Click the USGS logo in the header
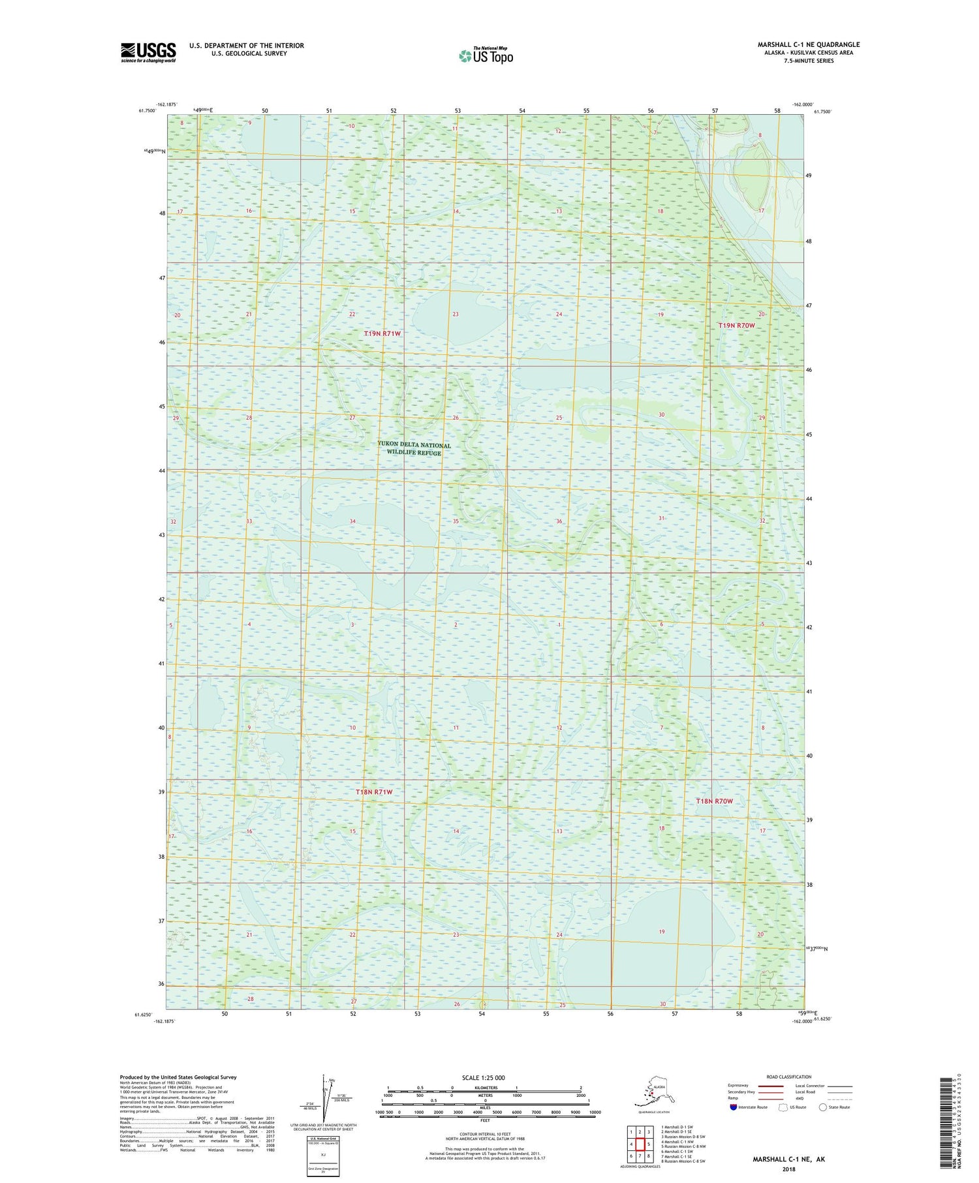[148, 52]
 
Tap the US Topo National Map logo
[486, 55]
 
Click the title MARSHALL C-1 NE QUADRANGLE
[808, 44]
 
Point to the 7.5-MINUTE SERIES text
[808, 61]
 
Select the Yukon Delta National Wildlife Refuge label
[414, 449]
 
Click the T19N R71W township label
[382, 333]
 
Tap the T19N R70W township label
[736, 325]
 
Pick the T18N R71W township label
[375, 791]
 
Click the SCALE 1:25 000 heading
[483, 1078]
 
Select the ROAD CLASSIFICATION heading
[789, 1077]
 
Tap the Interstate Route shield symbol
[734, 1107]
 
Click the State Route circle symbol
[823, 1107]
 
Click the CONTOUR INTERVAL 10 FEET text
[485, 1134]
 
